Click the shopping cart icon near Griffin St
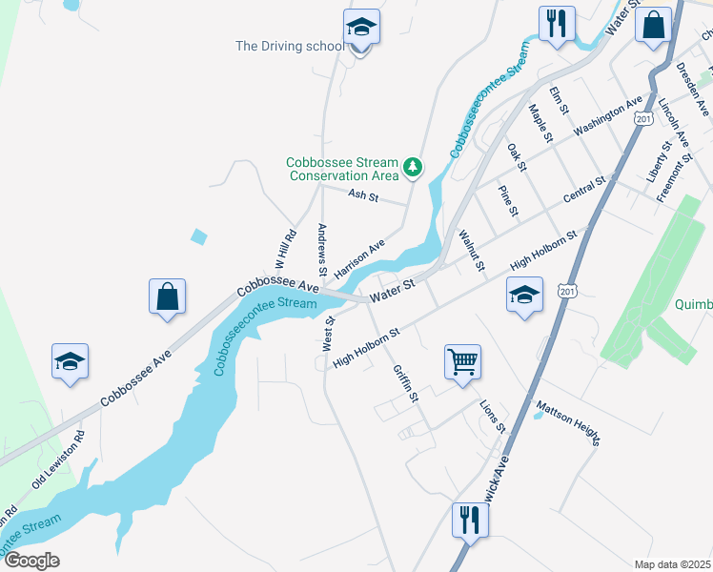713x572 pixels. [462, 362]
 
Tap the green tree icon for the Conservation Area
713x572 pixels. [412, 168]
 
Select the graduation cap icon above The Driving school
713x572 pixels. [361, 29]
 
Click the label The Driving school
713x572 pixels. [290, 46]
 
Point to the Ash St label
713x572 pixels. [363, 196]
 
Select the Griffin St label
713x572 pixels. [406, 382]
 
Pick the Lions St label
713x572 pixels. [492, 416]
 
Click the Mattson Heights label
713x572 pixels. [569, 423]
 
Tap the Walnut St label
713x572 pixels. [471, 249]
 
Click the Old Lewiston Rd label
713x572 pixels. [58, 460]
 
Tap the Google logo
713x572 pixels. [31, 561]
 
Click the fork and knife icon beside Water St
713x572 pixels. [557, 24]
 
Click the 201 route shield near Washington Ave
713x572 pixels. [643, 117]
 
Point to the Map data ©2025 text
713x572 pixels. [672, 564]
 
